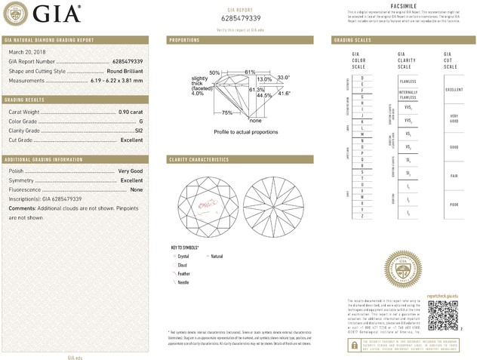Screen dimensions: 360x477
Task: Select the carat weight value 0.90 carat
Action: [x=131, y=112]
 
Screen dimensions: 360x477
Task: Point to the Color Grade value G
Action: [x=141, y=121]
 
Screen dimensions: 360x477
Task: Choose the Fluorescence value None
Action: [x=137, y=189]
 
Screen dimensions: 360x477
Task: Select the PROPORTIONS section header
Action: [x=184, y=39]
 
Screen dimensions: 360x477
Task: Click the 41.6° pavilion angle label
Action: [x=285, y=91]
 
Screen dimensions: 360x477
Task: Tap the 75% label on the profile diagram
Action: [x=226, y=112]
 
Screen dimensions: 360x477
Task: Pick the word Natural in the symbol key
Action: [x=217, y=257]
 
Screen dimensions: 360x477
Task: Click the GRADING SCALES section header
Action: [x=353, y=39]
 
